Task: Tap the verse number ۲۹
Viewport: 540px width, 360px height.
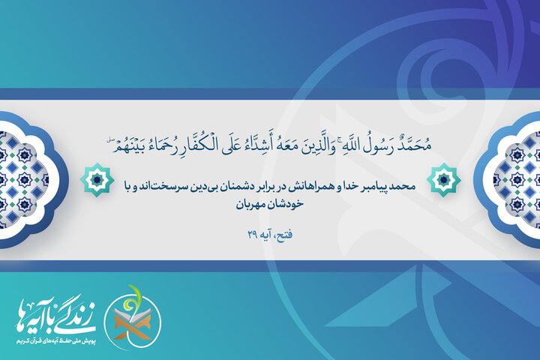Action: coord(251,235)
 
